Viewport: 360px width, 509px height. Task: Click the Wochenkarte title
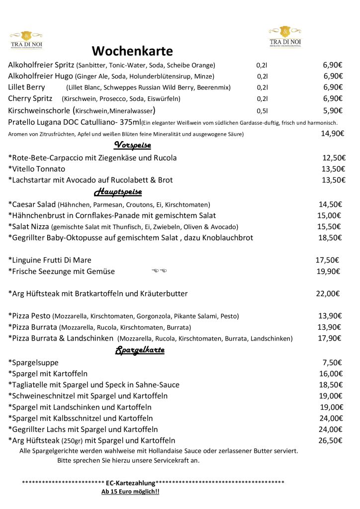point(132,51)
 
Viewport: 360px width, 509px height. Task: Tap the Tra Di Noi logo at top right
point(285,36)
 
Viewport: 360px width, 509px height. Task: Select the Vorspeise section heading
point(132,145)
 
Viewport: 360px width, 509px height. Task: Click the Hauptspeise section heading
point(118,192)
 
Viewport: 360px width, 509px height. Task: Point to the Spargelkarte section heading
point(140,350)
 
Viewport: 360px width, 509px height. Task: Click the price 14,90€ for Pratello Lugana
point(332,133)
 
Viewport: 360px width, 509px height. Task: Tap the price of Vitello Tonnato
point(333,169)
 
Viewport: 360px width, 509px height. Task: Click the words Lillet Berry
point(27,87)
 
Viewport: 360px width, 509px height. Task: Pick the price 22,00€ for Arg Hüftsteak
point(328,294)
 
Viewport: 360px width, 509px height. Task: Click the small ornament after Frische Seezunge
point(159,271)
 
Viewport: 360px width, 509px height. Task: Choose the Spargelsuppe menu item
point(33,362)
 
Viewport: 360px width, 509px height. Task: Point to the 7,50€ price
point(332,362)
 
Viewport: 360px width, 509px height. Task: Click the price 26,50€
point(330,440)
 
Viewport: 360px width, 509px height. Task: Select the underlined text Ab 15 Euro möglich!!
point(130,492)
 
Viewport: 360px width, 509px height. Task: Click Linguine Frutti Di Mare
point(50,260)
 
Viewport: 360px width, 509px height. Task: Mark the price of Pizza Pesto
point(330,316)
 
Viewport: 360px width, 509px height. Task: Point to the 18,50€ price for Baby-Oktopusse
point(330,238)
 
